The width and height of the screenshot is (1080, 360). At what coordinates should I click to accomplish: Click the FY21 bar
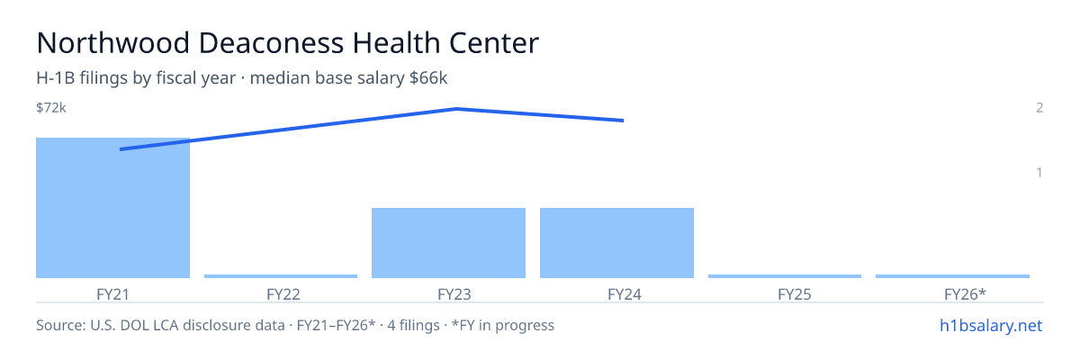click(112, 208)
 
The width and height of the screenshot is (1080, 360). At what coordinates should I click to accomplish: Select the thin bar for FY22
click(281, 276)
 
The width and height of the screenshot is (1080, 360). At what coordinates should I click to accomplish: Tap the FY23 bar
click(448, 243)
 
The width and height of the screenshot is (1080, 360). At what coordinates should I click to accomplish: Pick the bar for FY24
click(616, 243)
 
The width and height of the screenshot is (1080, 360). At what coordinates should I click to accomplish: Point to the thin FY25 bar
click(785, 276)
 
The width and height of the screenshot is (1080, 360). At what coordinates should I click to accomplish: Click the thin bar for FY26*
click(952, 276)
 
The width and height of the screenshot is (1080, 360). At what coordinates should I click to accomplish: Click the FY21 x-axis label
click(112, 294)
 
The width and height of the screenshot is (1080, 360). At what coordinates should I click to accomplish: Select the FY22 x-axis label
click(283, 294)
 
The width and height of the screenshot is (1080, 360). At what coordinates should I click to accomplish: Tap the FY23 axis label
click(454, 294)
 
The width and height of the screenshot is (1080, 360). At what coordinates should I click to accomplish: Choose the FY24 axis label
click(625, 294)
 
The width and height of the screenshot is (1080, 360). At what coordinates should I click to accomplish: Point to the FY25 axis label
click(795, 294)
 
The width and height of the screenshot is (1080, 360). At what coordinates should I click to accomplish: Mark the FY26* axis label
click(965, 294)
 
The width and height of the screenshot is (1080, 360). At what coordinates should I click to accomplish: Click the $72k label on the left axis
click(51, 107)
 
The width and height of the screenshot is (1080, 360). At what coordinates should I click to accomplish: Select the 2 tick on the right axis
click(1039, 107)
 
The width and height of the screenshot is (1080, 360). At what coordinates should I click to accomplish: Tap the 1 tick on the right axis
click(1039, 172)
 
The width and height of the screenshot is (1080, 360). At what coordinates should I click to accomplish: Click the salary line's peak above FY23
click(456, 109)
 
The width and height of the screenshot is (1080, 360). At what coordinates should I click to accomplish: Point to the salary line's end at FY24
click(624, 121)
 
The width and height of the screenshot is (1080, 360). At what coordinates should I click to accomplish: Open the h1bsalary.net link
click(991, 325)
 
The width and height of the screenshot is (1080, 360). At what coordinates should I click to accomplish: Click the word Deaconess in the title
click(271, 43)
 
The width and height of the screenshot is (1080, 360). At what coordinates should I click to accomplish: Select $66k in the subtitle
click(428, 77)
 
